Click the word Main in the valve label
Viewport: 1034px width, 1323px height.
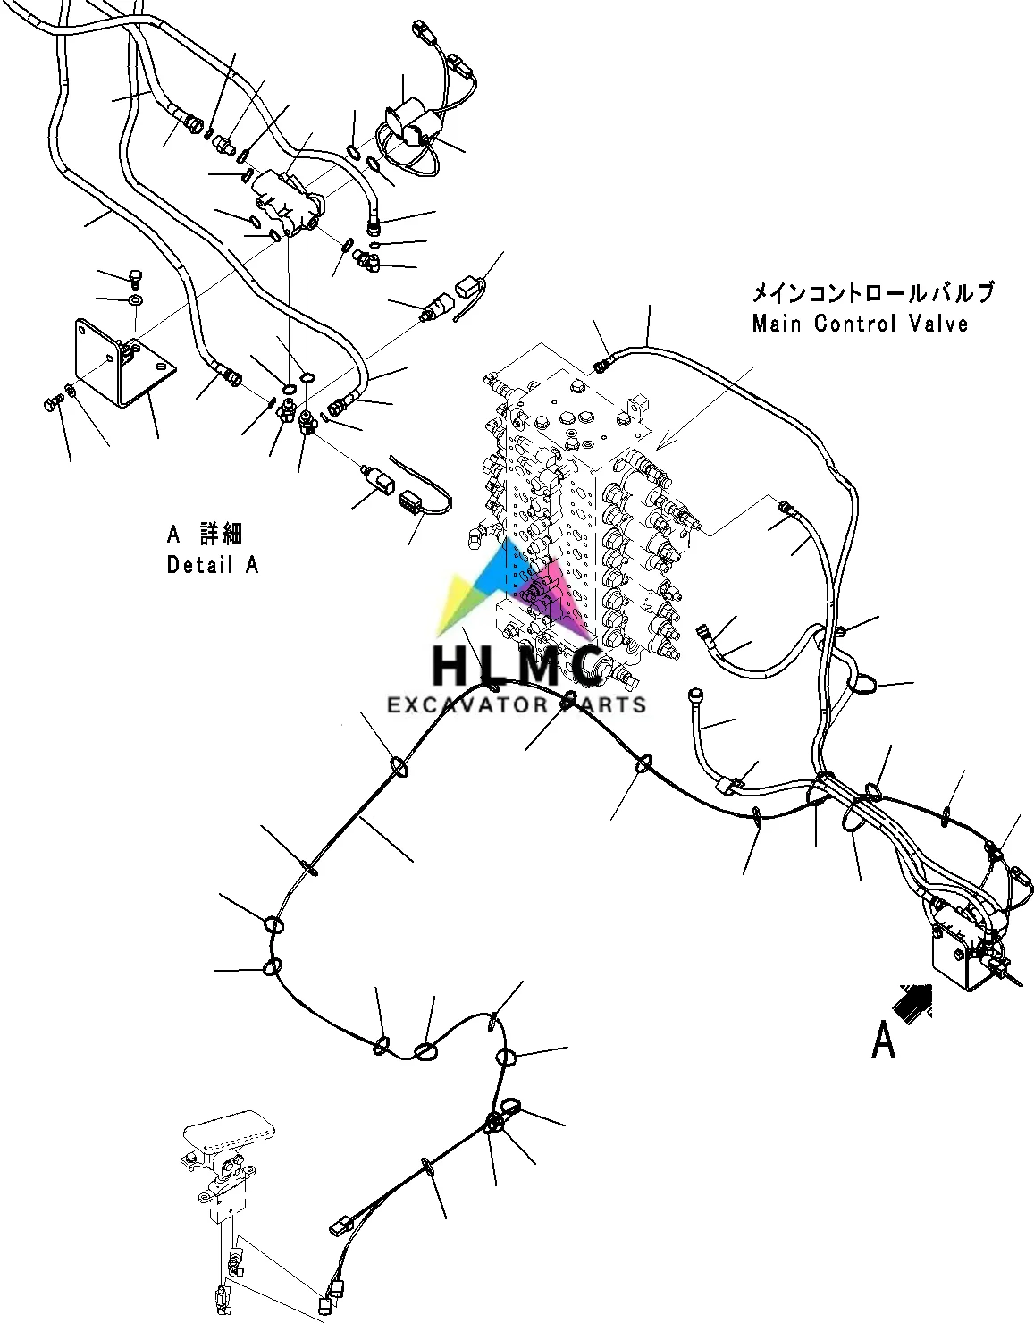point(777,323)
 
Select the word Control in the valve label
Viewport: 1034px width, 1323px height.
point(854,323)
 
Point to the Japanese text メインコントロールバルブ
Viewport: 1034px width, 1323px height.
point(871,292)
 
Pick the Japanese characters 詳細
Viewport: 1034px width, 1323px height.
point(221,535)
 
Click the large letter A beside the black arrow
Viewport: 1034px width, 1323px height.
point(883,1041)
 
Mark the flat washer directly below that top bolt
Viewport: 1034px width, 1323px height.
point(136,299)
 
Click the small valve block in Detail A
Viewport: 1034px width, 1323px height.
point(284,202)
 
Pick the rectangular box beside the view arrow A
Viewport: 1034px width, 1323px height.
point(962,958)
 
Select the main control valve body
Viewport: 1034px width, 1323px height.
point(572,510)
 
